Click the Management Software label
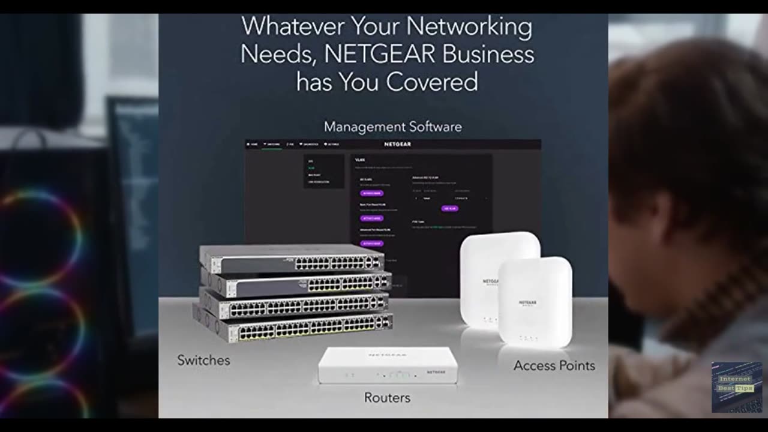tap(392, 127)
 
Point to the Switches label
tap(203, 361)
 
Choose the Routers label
tap(387, 398)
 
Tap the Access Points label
tap(554, 365)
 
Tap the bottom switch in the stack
tap(294, 328)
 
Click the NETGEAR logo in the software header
tap(397, 145)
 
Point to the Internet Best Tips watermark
tap(736, 386)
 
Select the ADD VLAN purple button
tap(449, 209)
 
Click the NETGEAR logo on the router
tap(436, 372)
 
